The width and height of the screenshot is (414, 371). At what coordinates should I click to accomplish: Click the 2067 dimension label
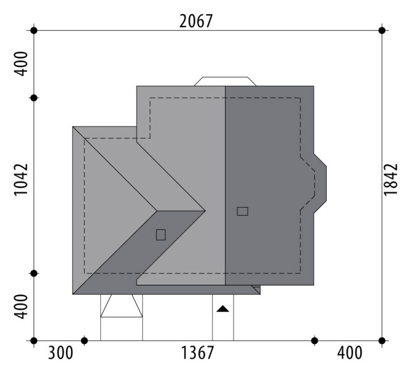tap(196, 22)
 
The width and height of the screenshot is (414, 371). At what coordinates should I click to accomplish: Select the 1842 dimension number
tap(391, 180)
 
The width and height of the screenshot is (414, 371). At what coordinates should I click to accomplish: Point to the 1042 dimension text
tap(21, 180)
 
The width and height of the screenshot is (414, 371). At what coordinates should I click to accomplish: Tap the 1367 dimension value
tap(197, 353)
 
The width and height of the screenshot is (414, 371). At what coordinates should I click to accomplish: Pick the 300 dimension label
tap(61, 353)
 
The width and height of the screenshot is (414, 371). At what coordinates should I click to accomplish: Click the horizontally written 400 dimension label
tap(350, 353)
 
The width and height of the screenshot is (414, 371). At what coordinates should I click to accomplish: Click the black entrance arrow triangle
tap(223, 309)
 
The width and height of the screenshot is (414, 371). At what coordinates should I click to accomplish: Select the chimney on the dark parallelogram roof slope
tap(161, 234)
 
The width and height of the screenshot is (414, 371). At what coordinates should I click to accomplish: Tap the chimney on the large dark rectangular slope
tap(242, 211)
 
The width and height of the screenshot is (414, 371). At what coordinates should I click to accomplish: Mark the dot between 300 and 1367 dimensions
tap(84, 341)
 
